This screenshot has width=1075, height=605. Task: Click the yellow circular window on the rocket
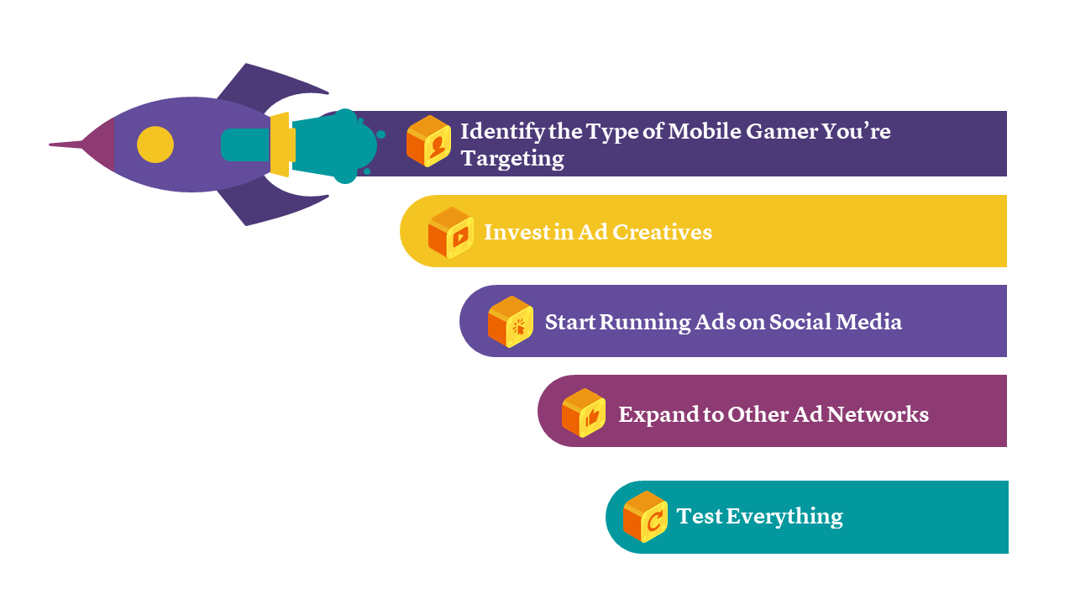(155, 145)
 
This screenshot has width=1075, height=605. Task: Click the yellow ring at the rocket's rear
(281, 145)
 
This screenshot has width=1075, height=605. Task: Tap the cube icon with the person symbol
(428, 141)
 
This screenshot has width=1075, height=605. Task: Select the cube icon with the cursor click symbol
(511, 322)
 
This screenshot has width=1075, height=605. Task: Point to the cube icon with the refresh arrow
(645, 516)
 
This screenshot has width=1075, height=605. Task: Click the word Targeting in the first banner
(512, 158)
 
